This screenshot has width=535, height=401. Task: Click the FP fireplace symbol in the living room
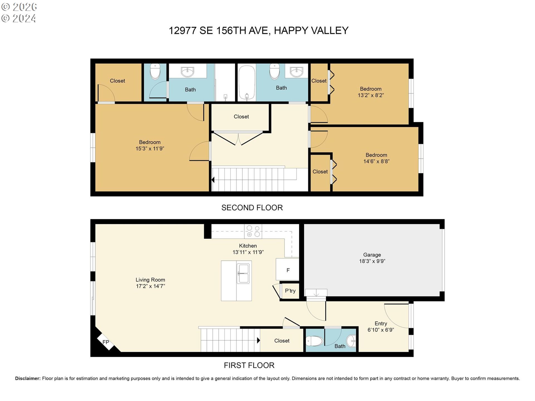106,342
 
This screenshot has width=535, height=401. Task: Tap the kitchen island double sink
243,273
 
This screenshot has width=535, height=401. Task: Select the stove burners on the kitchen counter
253,231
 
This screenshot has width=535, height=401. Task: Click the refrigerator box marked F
288,269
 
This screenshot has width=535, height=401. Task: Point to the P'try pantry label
290,291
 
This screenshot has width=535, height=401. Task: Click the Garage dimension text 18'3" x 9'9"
372,261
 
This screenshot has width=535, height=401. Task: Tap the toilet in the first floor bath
315,340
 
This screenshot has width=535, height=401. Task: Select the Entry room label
381,324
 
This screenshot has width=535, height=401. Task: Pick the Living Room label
150,280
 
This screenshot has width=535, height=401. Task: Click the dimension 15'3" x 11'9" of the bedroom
150,149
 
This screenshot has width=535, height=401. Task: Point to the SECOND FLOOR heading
252,208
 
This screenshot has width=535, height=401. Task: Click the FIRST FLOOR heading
249,365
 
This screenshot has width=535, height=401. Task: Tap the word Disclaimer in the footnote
28,378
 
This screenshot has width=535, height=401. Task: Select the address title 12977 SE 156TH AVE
220,31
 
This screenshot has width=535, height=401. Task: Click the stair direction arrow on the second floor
213,180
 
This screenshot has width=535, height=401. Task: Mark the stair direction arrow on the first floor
259,340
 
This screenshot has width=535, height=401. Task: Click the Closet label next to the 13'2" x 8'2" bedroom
319,81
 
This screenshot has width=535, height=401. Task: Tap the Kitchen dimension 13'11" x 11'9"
248,252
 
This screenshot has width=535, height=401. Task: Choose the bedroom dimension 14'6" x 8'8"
376,162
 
